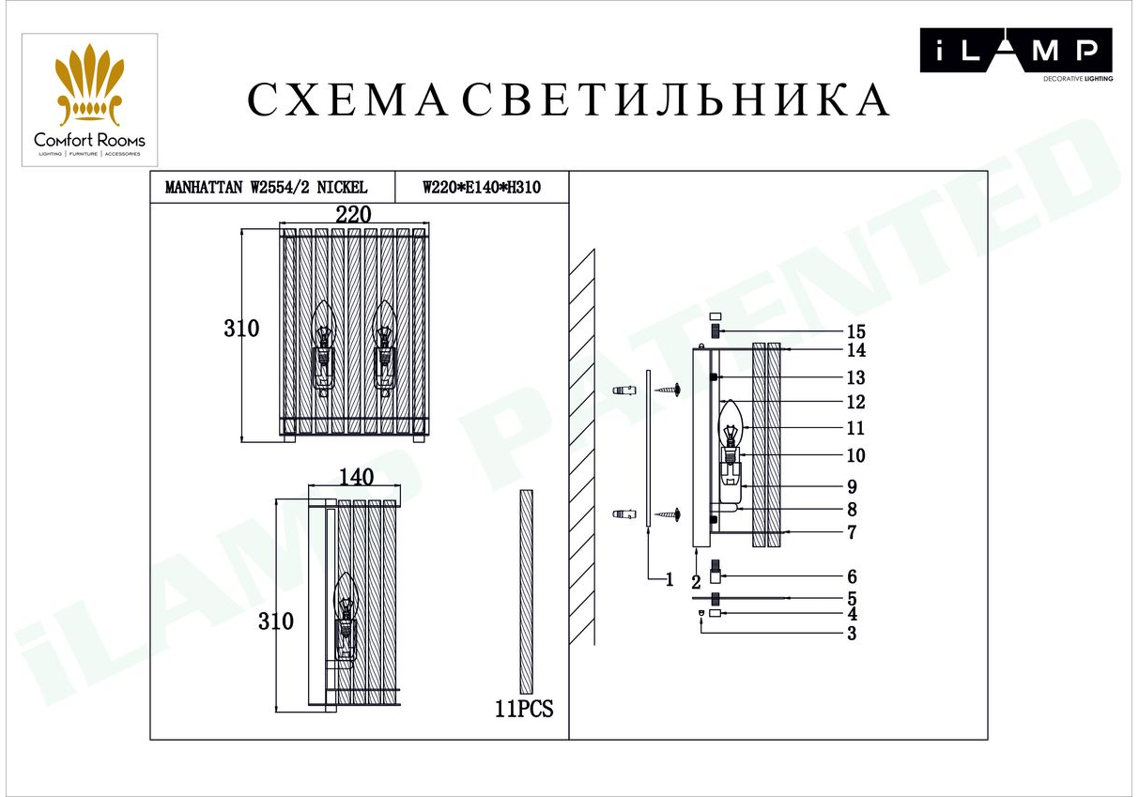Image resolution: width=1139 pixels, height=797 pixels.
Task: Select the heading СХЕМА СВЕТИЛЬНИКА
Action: tap(568, 100)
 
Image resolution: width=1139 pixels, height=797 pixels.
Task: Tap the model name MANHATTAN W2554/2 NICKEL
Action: tap(266, 188)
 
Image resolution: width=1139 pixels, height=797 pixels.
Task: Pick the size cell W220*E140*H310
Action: tap(482, 188)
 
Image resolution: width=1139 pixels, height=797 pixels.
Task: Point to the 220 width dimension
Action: tap(353, 214)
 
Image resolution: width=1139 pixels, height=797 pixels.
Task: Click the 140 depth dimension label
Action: tap(356, 477)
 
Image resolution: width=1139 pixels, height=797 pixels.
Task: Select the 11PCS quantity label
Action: tap(524, 709)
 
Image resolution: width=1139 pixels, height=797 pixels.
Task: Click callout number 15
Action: tap(855, 332)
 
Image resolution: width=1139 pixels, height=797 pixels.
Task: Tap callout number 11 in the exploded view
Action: tap(855, 428)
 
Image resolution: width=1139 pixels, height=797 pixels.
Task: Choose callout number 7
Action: tap(853, 532)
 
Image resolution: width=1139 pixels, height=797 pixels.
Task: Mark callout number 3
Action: tap(853, 634)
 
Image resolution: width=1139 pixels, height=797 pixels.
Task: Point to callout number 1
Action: tap(670, 579)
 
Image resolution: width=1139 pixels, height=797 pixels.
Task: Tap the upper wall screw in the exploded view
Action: tap(667, 390)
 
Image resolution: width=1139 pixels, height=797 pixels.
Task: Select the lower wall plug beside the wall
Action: tap(624, 514)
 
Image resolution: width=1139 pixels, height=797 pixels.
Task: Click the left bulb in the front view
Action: tap(323, 348)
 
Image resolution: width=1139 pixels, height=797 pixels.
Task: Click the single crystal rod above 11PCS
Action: tap(526, 591)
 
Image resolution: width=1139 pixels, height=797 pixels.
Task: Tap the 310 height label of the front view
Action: tap(241, 329)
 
